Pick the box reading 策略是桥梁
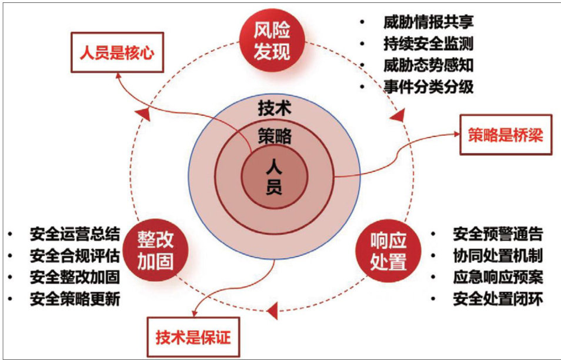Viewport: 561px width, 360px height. click(x=505, y=135)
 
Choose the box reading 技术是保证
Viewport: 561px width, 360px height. click(x=193, y=337)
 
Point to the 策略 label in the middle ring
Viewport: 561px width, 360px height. click(x=275, y=137)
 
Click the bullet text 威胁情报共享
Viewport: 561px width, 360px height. click(x=428, y=22)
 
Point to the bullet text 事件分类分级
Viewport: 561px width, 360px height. click(x=428, y=86)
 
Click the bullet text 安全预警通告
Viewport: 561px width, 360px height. click(x=497, y=235)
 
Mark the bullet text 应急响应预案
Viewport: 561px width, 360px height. click(x=497, y=278)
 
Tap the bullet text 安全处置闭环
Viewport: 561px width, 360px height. click(x=497, y=299)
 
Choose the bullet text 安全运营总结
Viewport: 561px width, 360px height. click(x=75, y=235)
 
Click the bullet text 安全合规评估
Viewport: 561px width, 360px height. click(x=75, y=256)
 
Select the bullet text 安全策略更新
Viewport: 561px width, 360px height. click(x=75, y=299)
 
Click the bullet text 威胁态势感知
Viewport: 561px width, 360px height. click(x=428, y=65)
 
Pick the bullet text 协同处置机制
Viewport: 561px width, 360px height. click(x=497, y=256)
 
